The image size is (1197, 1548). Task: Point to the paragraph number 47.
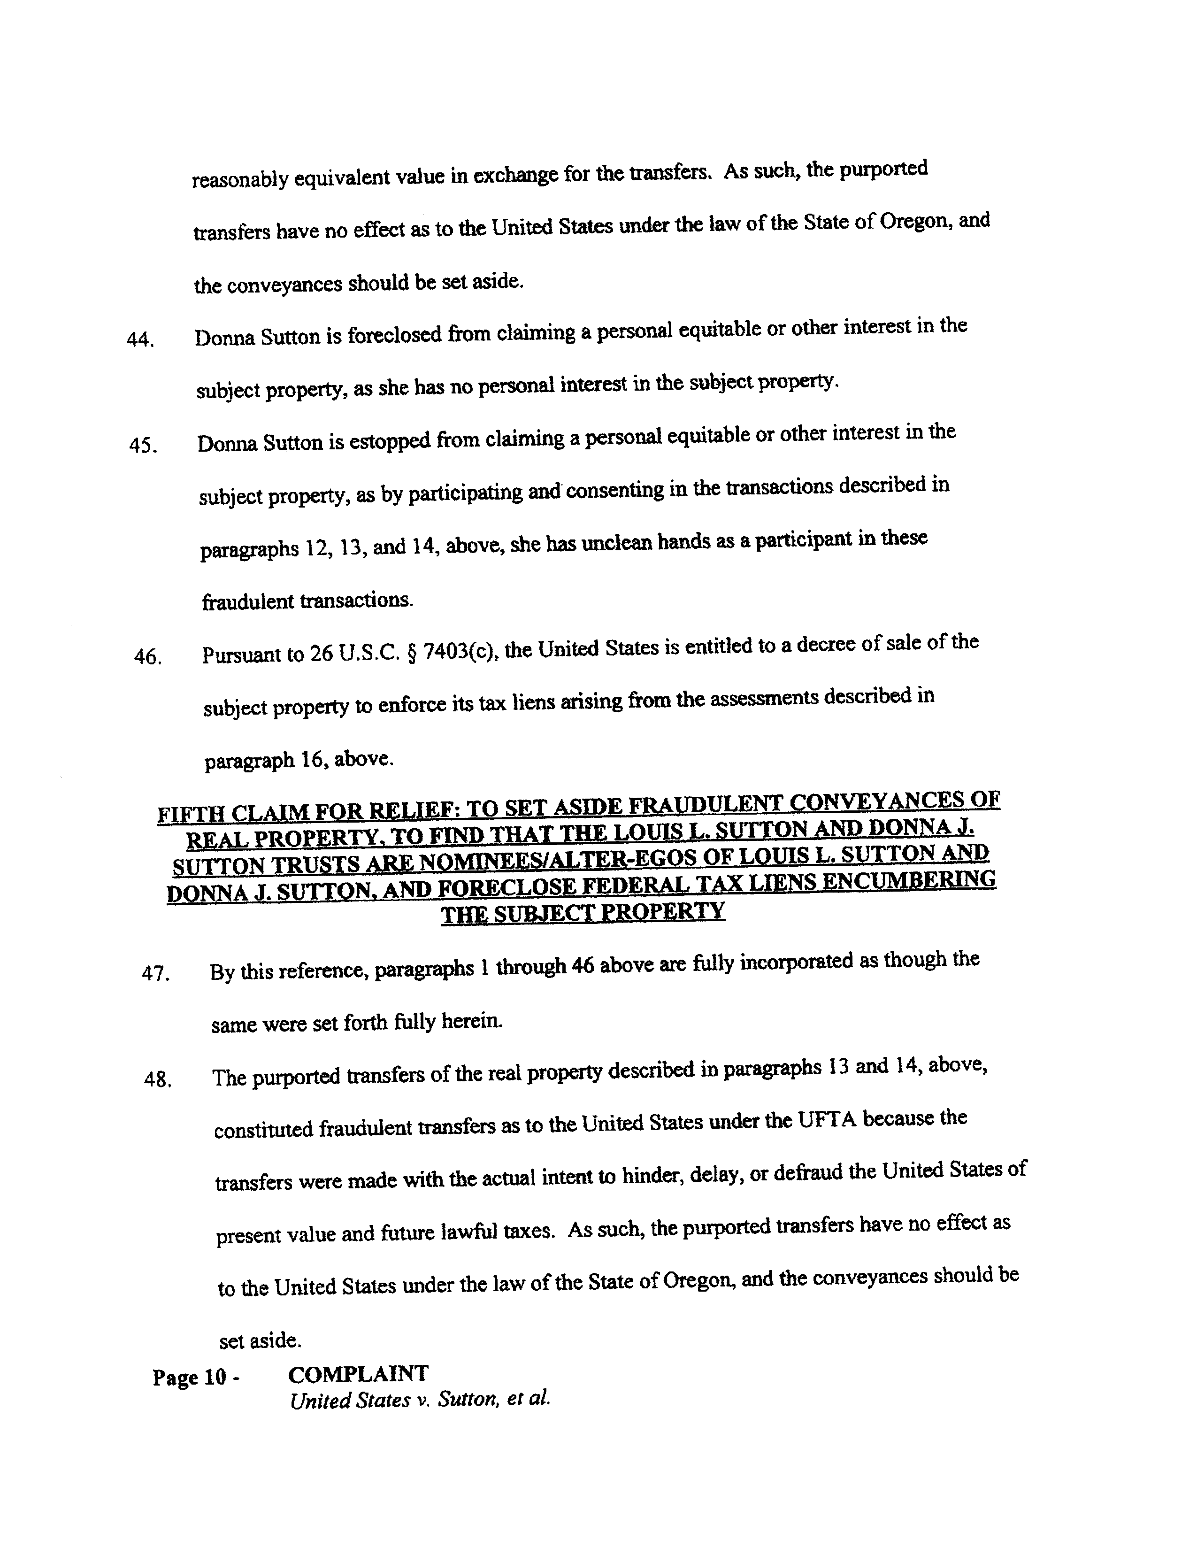[x=156, y=974]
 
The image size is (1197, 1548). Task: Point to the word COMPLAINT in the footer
[x=358, y=1374]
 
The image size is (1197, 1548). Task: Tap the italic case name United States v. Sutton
[x=420, y=1400]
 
